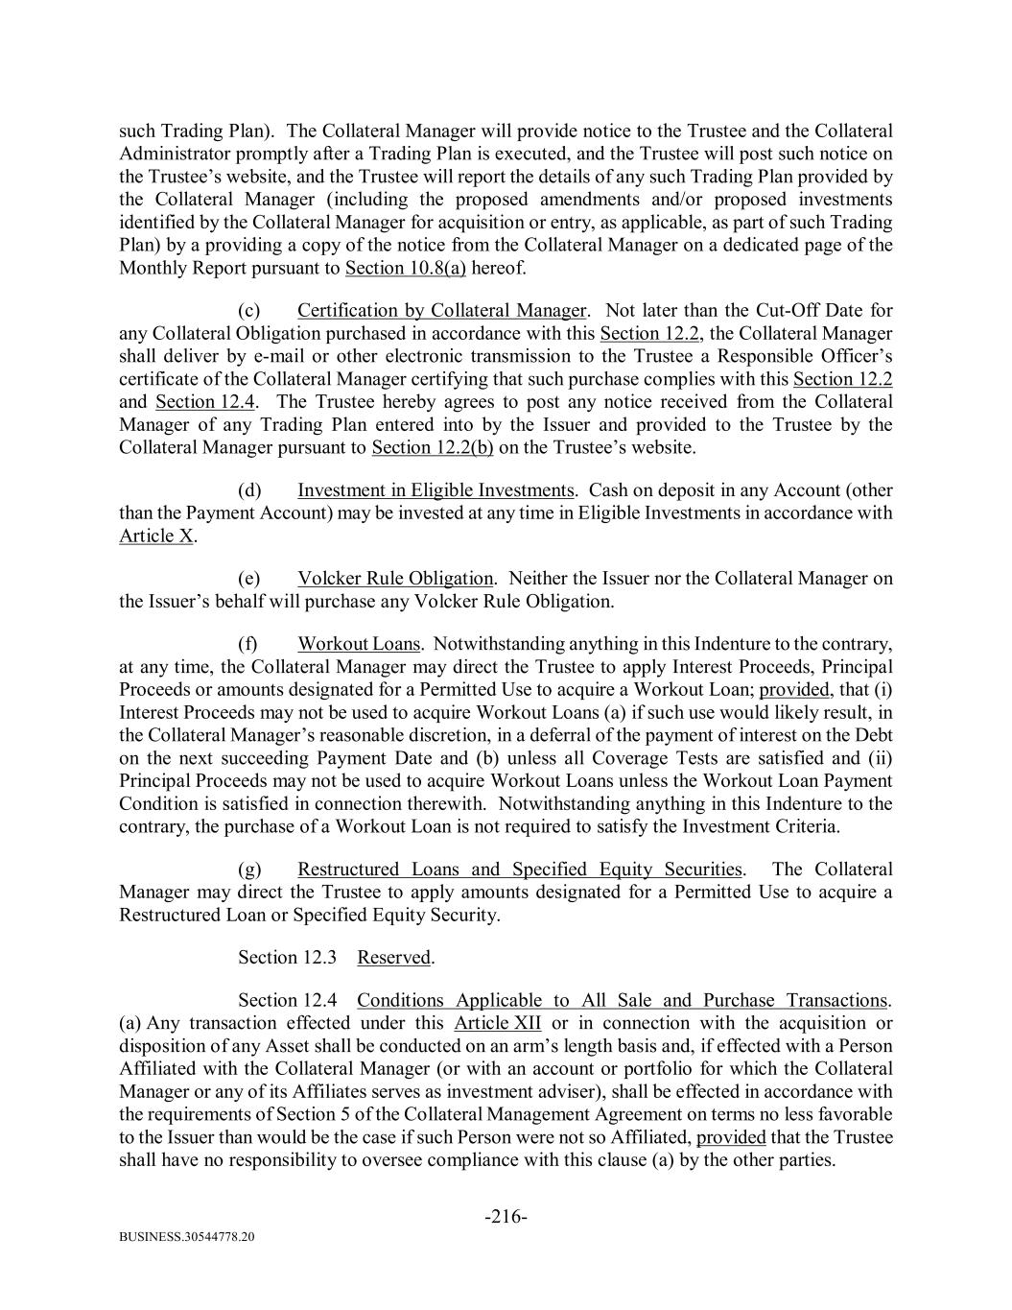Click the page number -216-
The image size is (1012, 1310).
[x=506, y=1217]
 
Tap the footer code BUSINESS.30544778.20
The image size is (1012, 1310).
[x=187, y=1237]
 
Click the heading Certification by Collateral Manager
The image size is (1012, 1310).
[x=441, y=310]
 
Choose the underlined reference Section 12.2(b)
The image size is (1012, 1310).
[x=432, y=447]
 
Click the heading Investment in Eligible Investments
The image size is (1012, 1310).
[x=435, y=490]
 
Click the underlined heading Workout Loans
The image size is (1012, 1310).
[x=359, y=644]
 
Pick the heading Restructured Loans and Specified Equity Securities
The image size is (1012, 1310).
[x=519, y=869]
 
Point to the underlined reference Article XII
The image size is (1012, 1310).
[x=497, y=1023]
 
